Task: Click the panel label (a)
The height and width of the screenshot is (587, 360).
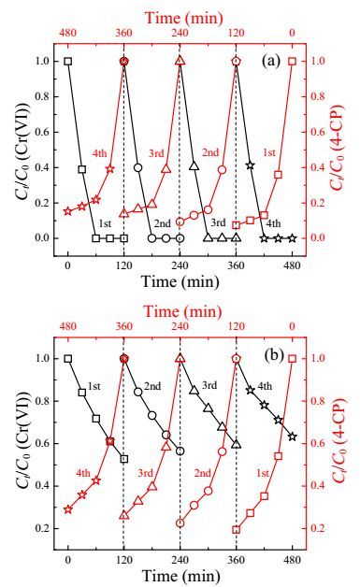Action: coord(271,60)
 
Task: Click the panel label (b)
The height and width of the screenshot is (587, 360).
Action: coord(274,355)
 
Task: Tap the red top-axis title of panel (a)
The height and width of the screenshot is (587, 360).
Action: coord(184,18)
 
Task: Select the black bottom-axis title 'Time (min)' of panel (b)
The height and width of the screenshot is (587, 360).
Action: coord(181,576)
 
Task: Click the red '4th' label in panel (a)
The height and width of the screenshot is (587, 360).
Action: coord(99,153)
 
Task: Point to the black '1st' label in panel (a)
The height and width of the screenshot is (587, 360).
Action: coord(105,223)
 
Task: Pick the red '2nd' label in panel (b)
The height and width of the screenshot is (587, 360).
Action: coord(203,473)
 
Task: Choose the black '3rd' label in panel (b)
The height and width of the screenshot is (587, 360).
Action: coord(209,385)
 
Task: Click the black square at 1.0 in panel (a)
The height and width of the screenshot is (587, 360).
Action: coord(68,62)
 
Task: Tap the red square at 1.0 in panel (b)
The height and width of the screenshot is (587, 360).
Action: coord(292,359)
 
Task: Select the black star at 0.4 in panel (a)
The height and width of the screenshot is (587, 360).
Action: coord(251,165)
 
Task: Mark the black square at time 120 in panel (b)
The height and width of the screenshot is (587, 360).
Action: coord(124,459)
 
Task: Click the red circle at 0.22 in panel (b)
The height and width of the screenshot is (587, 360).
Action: coord(180,523)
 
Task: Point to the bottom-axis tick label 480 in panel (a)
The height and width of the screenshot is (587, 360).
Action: coord(292,265)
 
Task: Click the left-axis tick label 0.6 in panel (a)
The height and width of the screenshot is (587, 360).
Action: coord(43,132)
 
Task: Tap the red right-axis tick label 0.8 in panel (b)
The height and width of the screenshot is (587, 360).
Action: coord(319,401)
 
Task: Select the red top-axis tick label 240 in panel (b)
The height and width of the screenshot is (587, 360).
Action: coord(180,326)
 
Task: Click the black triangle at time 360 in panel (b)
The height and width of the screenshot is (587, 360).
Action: coord(236,444)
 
